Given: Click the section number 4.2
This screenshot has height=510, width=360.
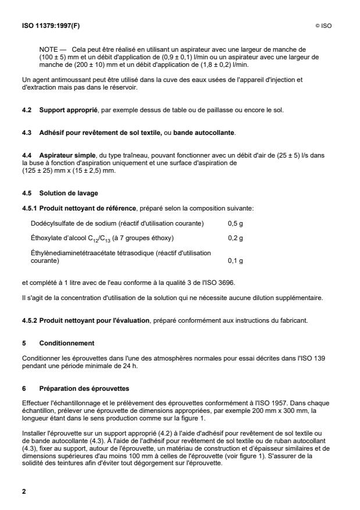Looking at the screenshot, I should [27, 109].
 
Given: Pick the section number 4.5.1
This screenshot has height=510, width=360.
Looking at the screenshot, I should [30, 208].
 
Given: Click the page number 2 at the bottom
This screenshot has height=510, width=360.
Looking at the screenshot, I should [24, 491].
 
